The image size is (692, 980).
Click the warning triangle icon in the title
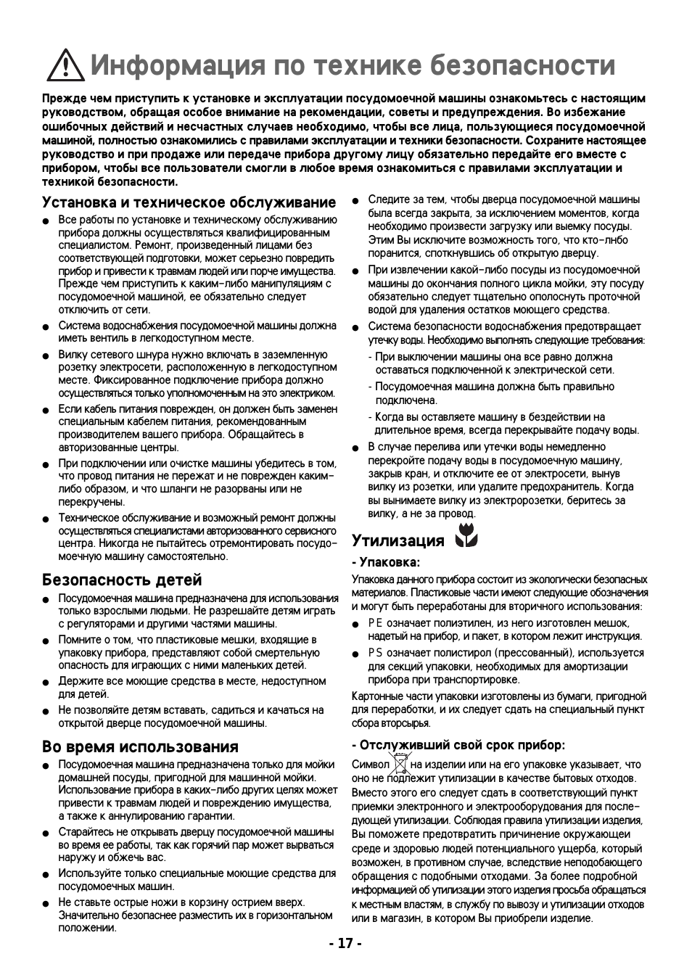65,66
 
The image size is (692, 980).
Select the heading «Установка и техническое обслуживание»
189,202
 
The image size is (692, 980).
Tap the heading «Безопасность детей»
122,580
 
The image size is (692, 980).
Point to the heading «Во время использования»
140,746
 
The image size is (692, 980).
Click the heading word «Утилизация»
398,540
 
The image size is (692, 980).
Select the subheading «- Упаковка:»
386,562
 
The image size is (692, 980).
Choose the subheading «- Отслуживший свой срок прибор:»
458,745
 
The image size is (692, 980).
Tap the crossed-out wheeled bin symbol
400,765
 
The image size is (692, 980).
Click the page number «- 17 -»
345,944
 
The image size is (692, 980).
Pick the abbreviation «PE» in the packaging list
375,623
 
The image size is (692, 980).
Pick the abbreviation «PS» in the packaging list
375,653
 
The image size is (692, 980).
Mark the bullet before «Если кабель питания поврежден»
45,410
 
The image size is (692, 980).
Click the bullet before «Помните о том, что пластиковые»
45,641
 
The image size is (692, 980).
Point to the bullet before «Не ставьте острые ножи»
45,903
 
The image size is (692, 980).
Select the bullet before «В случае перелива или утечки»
355,448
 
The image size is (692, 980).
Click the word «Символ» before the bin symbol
371,765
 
